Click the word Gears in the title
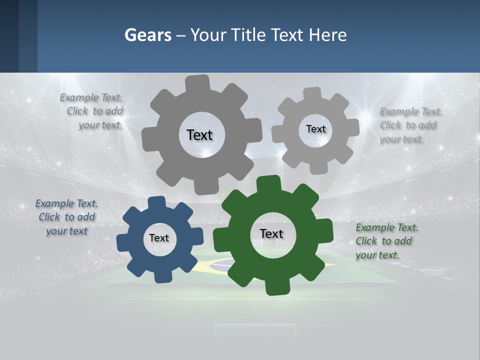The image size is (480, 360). click(147, 35)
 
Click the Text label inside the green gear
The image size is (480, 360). click(271, 233)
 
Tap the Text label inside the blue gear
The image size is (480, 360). click(159, 238)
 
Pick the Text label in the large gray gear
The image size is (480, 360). click(199, 135)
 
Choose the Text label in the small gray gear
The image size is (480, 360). click(315, 129)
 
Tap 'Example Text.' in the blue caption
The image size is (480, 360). click(66, 203)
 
